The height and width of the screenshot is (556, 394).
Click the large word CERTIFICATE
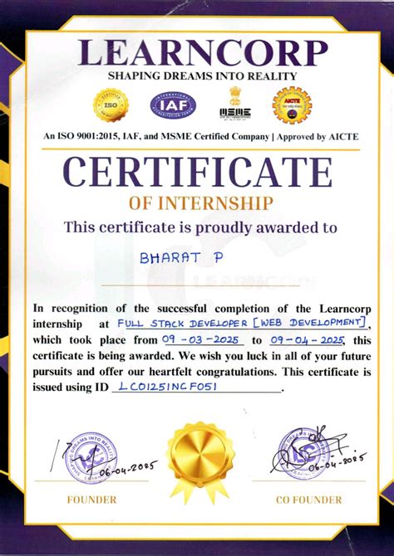pyautogui.click(x=198, y=173)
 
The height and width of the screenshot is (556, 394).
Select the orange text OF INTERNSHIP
pyautogui.click(x=200, y=203)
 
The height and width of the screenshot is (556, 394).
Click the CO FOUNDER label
pyautogui.click(x=308, y=500)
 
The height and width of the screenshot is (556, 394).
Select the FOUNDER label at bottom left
pyautogui.click(x=91, y=500)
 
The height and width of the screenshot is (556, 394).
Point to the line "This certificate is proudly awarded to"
pyautogui.click(x=200, y=226)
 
